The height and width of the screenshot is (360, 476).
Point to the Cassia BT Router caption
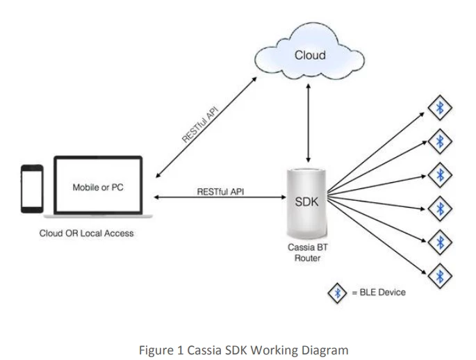[307, 252]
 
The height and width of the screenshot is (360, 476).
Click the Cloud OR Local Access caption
[86, 234]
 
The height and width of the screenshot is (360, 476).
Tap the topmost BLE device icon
[438, 108]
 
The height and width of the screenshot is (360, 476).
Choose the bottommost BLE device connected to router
[438, 277]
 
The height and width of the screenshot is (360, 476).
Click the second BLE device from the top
[438, 142]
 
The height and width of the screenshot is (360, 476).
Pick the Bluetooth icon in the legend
[338, 293]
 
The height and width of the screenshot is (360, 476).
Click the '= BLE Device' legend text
[379, 293]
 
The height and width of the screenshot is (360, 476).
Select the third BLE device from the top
[438, 173]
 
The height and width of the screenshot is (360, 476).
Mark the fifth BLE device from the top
[438, 242]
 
